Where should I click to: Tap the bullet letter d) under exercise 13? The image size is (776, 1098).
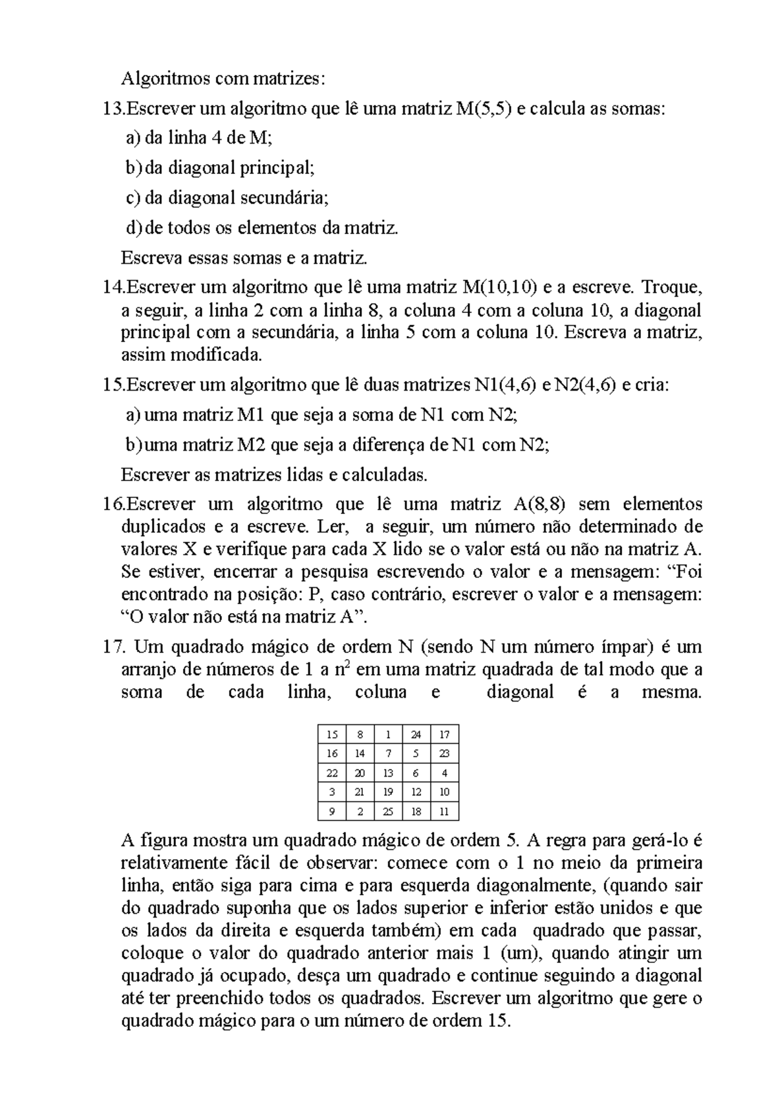(x=133, y=228)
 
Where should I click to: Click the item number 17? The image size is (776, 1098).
(x=116, y=647)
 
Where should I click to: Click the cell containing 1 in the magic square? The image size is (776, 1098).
(x=388, y=734)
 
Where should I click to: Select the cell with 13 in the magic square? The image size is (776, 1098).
(x=388, y=773)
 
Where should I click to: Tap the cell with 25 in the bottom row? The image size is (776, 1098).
(x=388, y=811)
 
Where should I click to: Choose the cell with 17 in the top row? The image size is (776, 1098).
(x=444, y=734)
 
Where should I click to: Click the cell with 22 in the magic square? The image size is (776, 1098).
(x=332, y=773)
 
